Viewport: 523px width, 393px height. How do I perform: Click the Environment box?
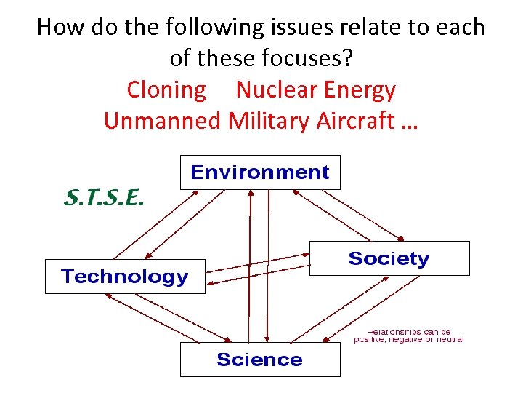[259, 172]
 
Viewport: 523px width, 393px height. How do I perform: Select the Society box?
[389, 258]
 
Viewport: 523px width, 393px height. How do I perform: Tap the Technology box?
[125, 277]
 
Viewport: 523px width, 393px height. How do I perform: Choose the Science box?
[259, 360]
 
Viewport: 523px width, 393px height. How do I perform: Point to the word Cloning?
[166, 90]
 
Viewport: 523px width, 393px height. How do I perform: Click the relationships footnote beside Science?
[408, 336]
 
